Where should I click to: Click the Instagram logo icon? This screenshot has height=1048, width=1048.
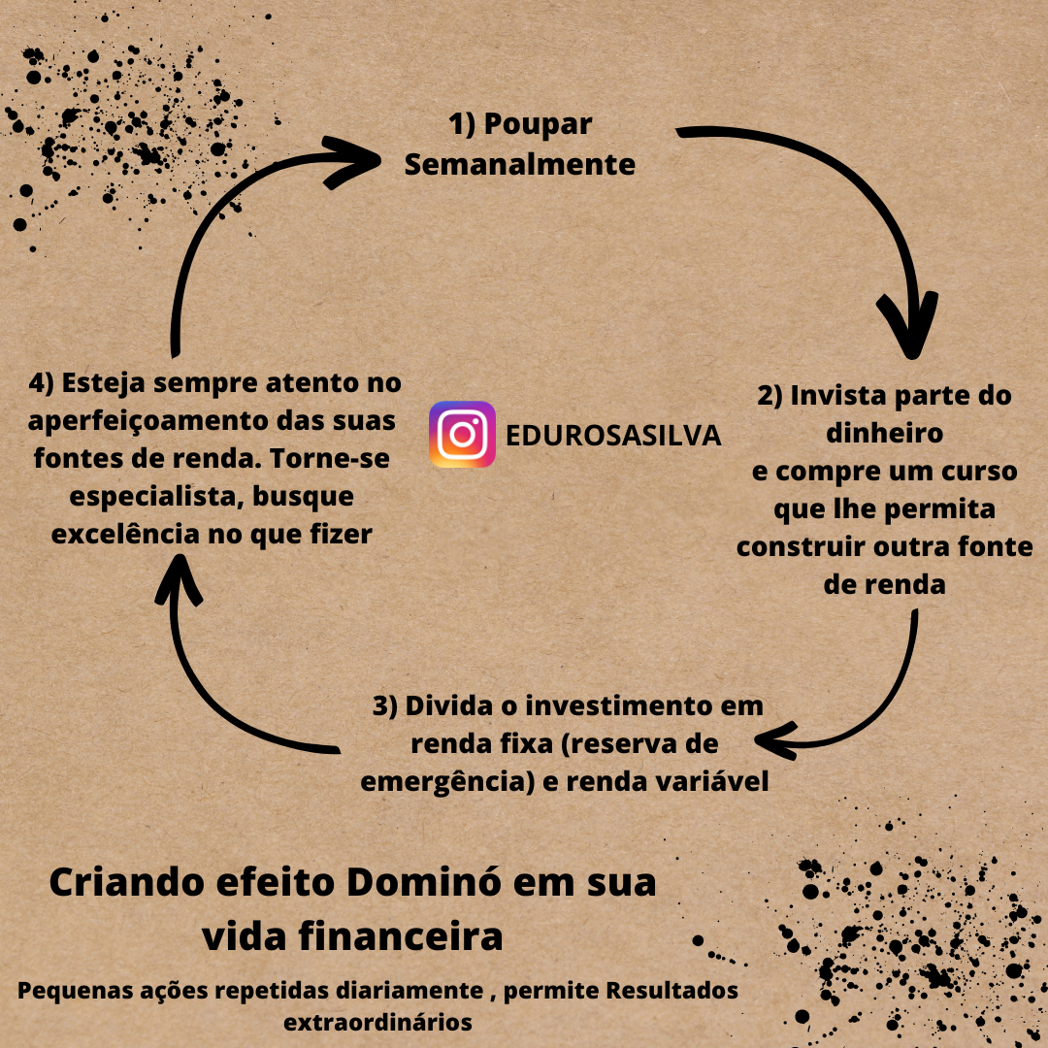(462, 435)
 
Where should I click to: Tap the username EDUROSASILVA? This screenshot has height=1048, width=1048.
(614, 436)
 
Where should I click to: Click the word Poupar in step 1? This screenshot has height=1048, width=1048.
(538, 125)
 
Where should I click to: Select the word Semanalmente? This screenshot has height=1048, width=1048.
(520, 165)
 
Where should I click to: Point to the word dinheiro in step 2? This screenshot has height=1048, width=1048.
(884, 433)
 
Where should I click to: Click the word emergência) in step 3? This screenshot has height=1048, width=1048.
(447, 782)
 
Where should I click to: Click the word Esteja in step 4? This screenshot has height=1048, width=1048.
(102, 383)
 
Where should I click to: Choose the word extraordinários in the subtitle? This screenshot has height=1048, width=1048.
(377, 1022)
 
